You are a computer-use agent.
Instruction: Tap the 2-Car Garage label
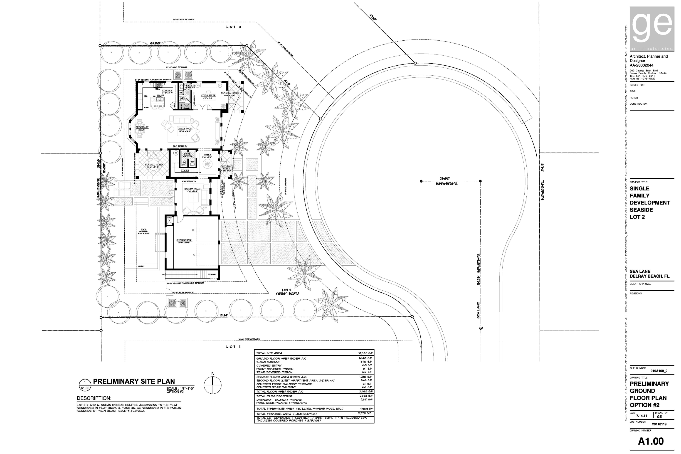(184, 240)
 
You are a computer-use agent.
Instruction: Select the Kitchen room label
(167, 91)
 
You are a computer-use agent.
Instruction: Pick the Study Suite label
(208, 96)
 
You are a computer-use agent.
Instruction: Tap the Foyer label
(207, 155)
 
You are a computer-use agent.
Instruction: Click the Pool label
(144, 229)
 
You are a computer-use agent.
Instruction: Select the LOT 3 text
(234, 27)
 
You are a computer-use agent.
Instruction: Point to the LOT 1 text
(233, 347)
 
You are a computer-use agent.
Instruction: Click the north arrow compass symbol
(213, 385)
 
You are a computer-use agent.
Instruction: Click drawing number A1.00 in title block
(651, 441)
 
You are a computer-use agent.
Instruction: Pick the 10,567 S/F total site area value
(366, 353)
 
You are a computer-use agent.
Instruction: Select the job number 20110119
(659, 424)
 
